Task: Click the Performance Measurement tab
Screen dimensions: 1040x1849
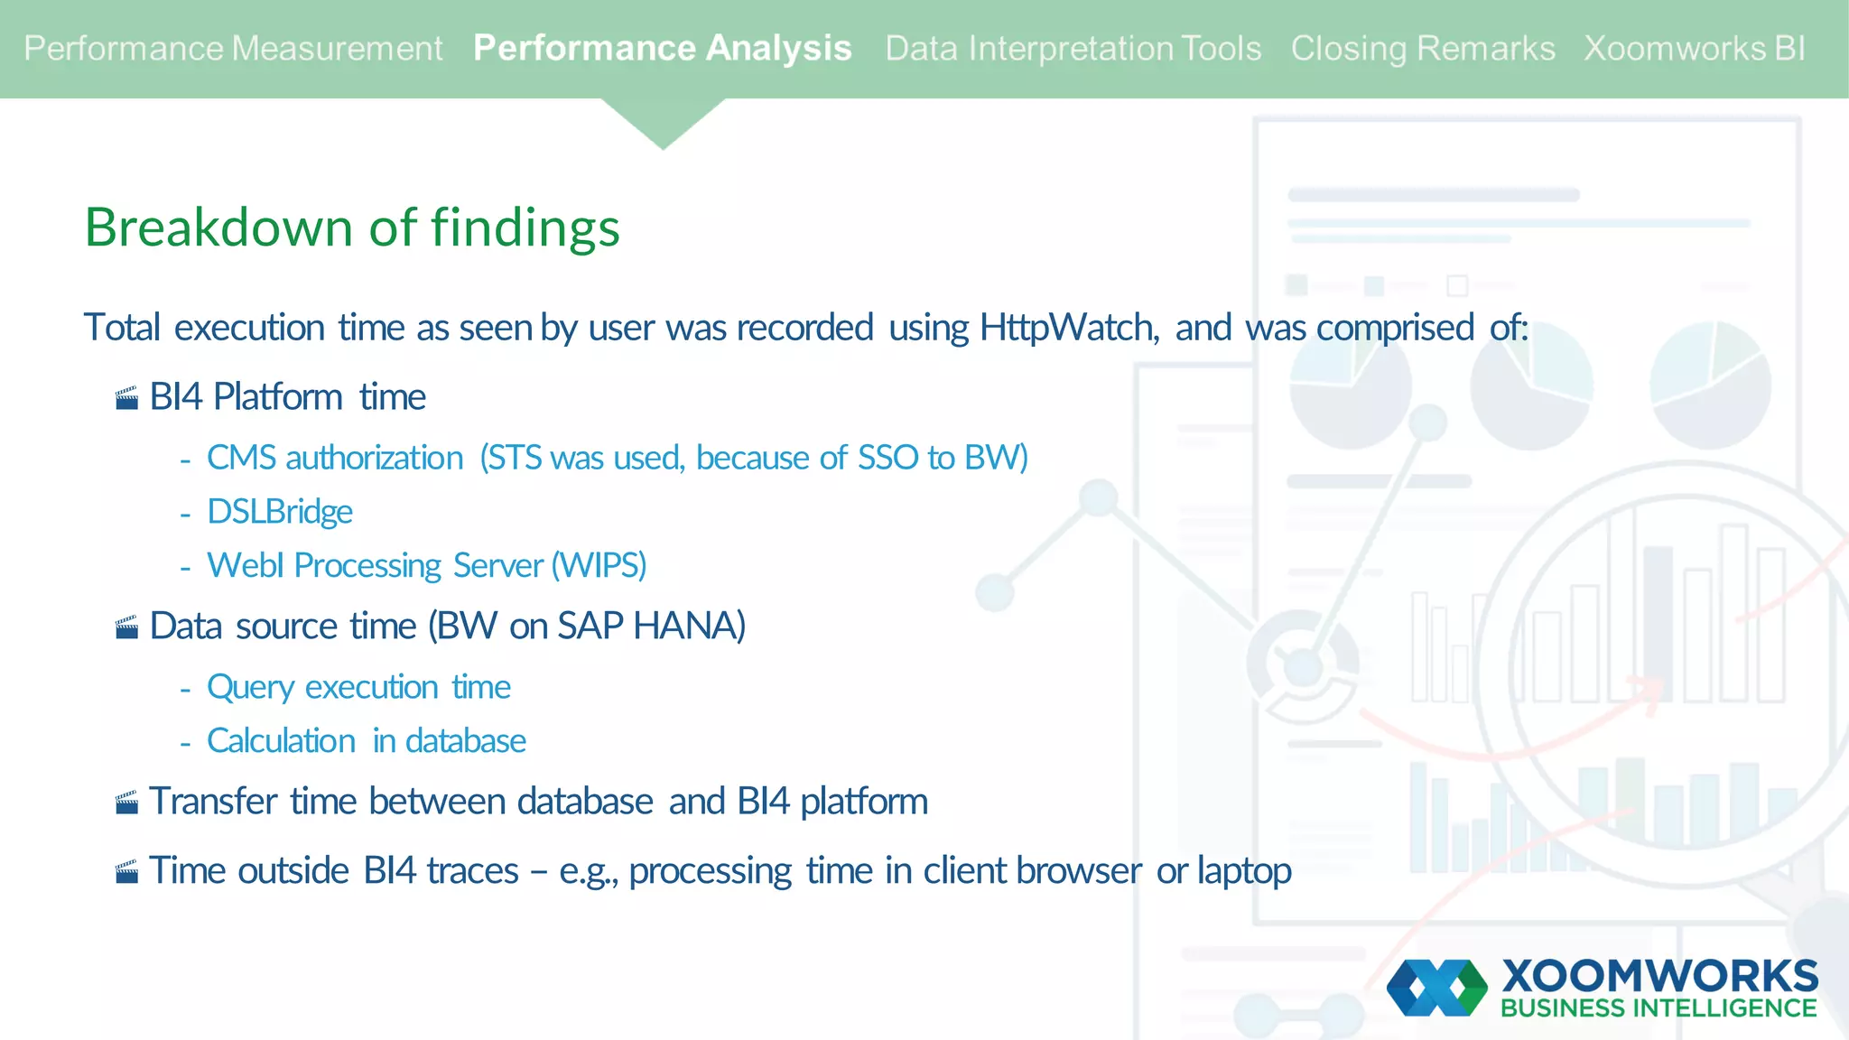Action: tap(233, 49)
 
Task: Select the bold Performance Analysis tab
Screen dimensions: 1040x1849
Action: tap(662, 49)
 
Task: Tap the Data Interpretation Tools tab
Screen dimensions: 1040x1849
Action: tap(1073, 49)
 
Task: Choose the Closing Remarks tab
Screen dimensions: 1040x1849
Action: tap(1422, 49)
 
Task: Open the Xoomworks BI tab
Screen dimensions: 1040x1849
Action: tap(1694, 49)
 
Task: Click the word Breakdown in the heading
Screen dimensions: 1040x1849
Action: tap(219, 227)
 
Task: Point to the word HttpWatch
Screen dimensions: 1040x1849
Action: tap(1067, 328)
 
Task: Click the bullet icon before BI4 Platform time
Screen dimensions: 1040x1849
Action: tap(127, 398)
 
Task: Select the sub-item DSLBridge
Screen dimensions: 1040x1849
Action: tap(280, 512)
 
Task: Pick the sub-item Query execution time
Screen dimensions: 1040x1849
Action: tap(358, 688)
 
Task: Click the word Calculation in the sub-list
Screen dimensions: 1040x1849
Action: tap(281, 741)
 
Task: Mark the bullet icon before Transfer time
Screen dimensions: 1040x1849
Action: tap(127, 803)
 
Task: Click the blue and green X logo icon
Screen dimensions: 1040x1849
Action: tap(1436, 988)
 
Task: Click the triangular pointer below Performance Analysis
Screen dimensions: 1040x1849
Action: tap(663, 122)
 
